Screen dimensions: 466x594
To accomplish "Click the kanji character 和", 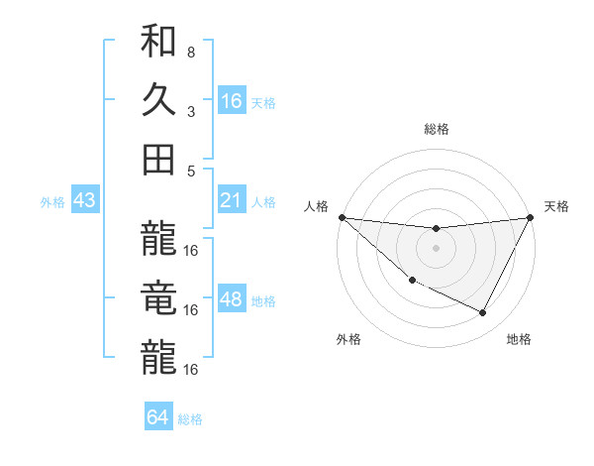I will [x=159, y=43].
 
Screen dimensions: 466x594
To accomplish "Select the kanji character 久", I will [x=159, y=100].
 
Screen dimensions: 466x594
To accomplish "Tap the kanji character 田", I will [x=159, y=159].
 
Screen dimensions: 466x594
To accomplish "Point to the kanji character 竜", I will [x=159, y=298].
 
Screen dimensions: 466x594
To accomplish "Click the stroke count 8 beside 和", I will [x=191, y=53].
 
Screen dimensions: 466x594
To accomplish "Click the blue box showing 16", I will [x=232, y=101].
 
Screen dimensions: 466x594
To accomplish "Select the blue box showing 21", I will [x=232, y=201].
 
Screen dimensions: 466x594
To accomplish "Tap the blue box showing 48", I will [x=232, y=299].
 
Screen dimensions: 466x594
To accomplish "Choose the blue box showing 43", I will [x=85, y=201].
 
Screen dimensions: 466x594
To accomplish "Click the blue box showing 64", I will [x=158, y=417].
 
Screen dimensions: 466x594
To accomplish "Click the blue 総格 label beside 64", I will [x=191, y=419].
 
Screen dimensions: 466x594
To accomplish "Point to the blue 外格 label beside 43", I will [x=52, y=202].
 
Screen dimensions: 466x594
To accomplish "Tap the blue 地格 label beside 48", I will [x=264, y=300].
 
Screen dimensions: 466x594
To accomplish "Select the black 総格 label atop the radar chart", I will [x=437, y=129].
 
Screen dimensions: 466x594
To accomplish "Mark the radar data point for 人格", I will [x=342, y=217].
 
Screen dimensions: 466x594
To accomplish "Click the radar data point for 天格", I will [x=531, y=218].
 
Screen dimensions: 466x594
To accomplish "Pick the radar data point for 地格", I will [x=483, y=313].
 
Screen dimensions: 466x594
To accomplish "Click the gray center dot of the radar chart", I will [x=437, y=248].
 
